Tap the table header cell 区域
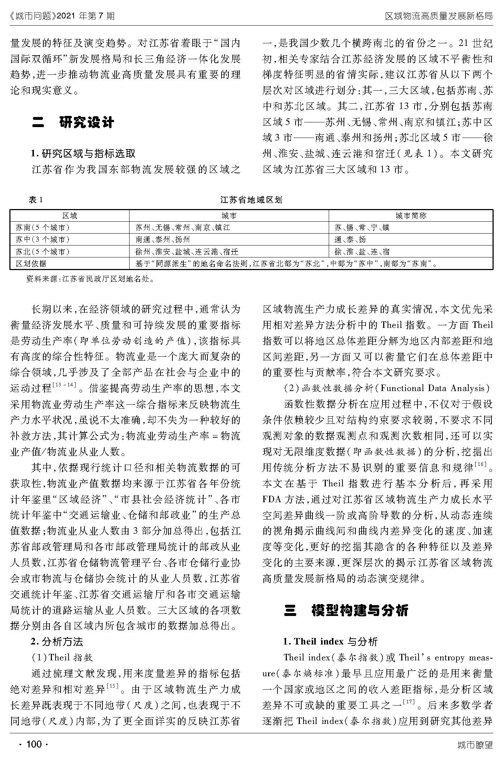(x=70, y=216)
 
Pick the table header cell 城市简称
(x=411, y=216)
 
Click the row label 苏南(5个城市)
(x=43, y=228)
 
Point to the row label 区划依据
(x=31, y=264)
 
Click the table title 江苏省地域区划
(x=251, y=200)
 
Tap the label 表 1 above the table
(x=36, y=200)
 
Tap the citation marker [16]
(x=481, y=464)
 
